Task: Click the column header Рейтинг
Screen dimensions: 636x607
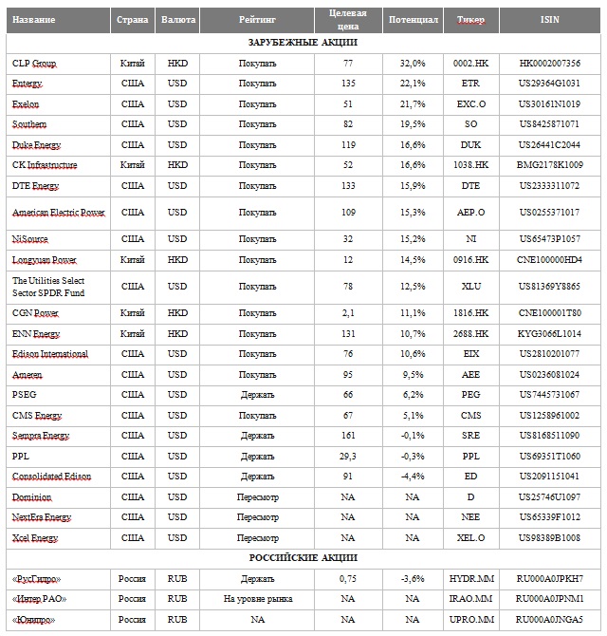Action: pos(257,20)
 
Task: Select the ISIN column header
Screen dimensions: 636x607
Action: pos(550,20)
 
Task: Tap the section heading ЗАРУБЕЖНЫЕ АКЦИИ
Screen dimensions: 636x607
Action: pos(303,43)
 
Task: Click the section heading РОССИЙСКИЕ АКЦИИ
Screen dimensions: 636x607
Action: pos(303,557)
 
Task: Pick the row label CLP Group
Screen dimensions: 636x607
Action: pos(34,64)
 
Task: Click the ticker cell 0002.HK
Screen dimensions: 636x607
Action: pos(470,64)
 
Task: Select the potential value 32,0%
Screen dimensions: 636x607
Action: pos(413,64)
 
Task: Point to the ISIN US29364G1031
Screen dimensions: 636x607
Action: pos(550,84)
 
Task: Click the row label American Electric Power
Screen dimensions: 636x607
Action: pos(58,213)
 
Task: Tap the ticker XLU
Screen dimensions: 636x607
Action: pos(470,287)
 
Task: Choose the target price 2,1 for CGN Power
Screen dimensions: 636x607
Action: pos(348,312)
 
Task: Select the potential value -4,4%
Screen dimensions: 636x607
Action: pos(413,477)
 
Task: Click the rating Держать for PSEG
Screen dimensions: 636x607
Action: pos(257,394)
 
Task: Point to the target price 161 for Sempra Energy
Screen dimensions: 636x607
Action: pos(348,436)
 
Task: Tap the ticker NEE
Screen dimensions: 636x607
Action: pos(470,518)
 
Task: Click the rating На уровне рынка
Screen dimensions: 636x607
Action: pos(257,599)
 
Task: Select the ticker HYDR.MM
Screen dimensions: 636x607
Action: pos(470,578)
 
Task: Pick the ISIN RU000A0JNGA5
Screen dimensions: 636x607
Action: pos(550,620)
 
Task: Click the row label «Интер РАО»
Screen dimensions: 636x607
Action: pos(39,599)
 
